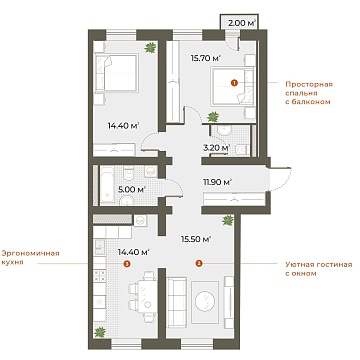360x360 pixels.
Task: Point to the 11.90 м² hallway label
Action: (x=216, y=181)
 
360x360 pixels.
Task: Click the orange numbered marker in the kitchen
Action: (x=126, y=265)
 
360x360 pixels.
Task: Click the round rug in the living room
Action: (x=205, y=301)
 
